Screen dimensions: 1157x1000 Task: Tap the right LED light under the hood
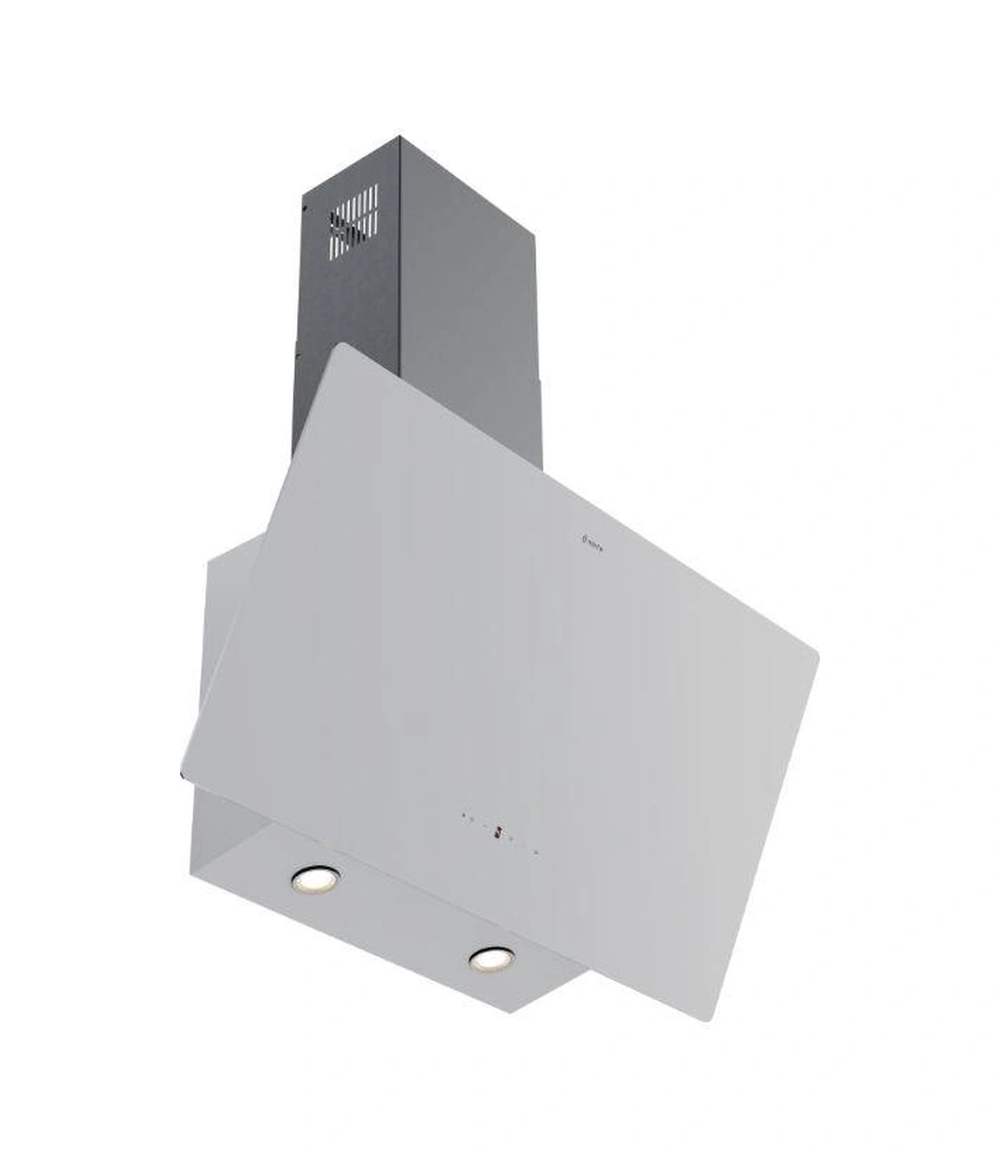[490, 958]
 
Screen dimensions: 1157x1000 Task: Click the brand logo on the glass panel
[590, 541]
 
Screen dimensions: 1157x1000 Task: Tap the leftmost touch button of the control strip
[463, 817]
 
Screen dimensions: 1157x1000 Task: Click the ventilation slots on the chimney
[353, 219]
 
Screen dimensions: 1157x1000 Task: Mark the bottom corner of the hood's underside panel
[514, 1009]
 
